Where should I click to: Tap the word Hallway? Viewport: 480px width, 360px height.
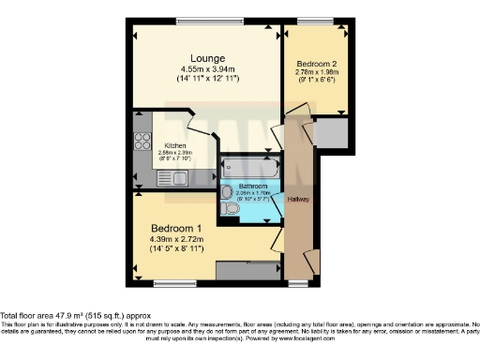click(299, 199)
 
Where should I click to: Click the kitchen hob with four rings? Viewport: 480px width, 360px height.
click(143, 142)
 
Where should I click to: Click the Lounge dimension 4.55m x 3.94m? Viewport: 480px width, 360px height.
click(205, 68)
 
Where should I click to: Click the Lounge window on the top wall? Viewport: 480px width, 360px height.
click(205, 21)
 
